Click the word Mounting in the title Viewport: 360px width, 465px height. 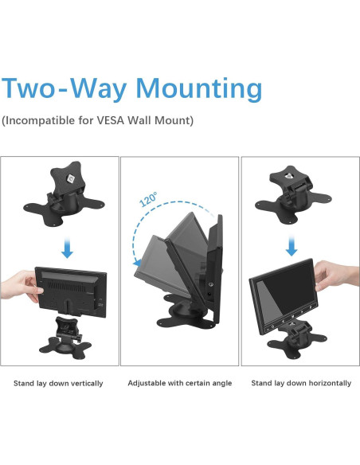tap(198, 88)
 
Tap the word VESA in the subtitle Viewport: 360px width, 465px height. tap(111, 120)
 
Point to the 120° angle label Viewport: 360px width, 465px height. tap(148, 200)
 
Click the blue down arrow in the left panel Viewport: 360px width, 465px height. tap(68, 248)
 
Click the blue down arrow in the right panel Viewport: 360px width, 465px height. tap(292, 245)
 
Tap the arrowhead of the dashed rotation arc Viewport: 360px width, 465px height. tap(137, 262)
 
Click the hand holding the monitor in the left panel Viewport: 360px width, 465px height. tap(21, 286)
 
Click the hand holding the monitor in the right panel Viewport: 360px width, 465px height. tap(336, 275)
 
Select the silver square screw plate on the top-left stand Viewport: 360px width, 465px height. tap(71, 179)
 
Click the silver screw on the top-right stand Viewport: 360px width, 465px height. tap(288, 176)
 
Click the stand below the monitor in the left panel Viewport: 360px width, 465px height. tap(65, 338)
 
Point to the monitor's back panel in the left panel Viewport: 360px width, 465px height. tap(71, 291)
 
